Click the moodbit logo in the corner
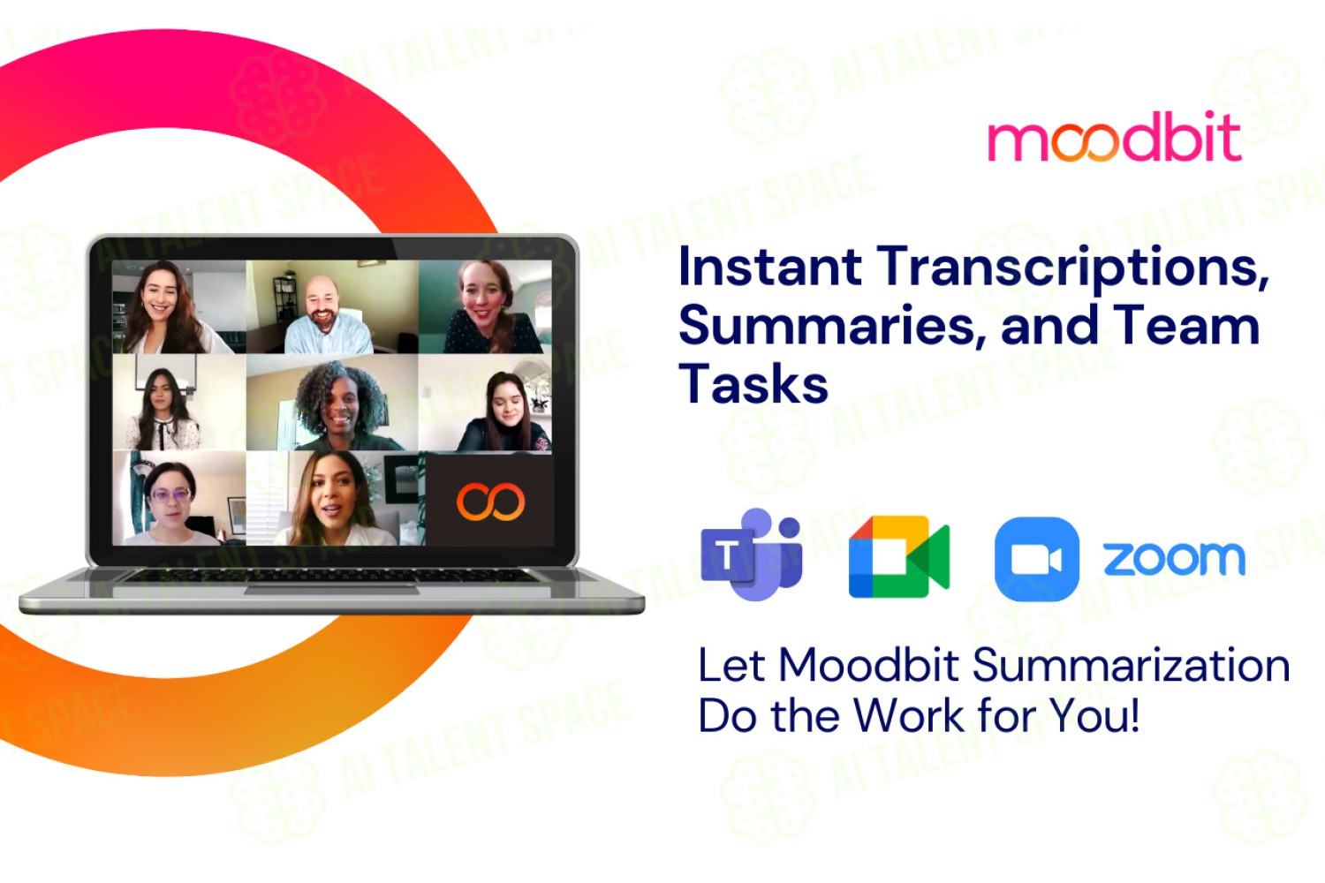click(x=1115, y=137)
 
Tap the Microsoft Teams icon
click(x=751, y=555)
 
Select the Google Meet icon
click(x=899, y=556)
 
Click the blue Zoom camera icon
click(x=1037, y=559)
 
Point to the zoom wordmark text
click(x=1174, y=559)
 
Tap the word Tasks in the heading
click(x=753, y=383)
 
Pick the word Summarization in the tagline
click(x=1131, y=666)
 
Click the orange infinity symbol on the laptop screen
click(x=490, y=502)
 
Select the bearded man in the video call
click(x=327, y=316)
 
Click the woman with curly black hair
click(x=340, y=405)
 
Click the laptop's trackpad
click(x=331, y=590)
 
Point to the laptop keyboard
click(x=331, y=576)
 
